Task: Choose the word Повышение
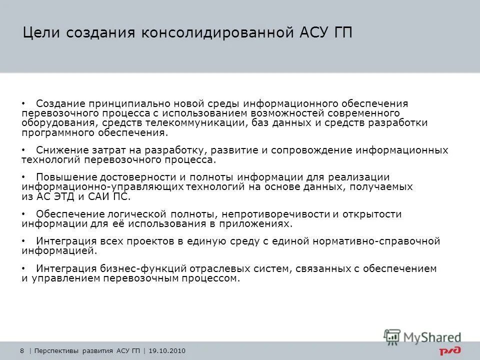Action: tap(63, 177)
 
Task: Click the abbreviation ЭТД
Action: tap(60, 196)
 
